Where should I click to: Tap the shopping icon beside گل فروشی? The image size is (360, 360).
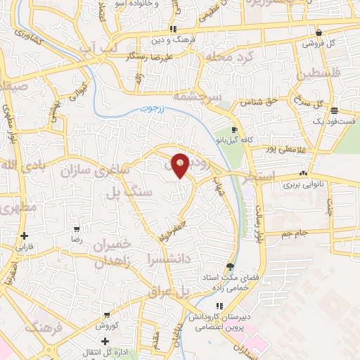(x=319, y=32)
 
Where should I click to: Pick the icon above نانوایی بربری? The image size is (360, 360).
(x=303, y=174)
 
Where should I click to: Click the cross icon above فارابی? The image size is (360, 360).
(x=25, y=236)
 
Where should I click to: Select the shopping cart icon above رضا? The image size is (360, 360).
(x=77, y=229)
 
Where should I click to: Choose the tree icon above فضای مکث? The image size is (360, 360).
(x=230, y=266)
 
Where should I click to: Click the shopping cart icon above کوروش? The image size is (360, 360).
(x=106, y=316)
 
